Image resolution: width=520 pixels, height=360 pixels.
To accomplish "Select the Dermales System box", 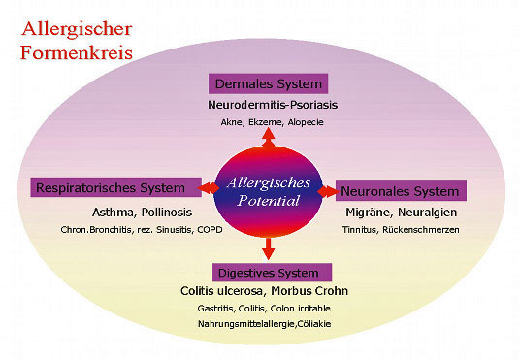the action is (x=269, y=83).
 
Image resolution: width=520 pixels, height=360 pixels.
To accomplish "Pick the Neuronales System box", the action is (x=402, y=190).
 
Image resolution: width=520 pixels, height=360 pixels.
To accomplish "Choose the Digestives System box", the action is (x=270, y=271).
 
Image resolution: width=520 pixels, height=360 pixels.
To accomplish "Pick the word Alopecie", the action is (x=306, y=122).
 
